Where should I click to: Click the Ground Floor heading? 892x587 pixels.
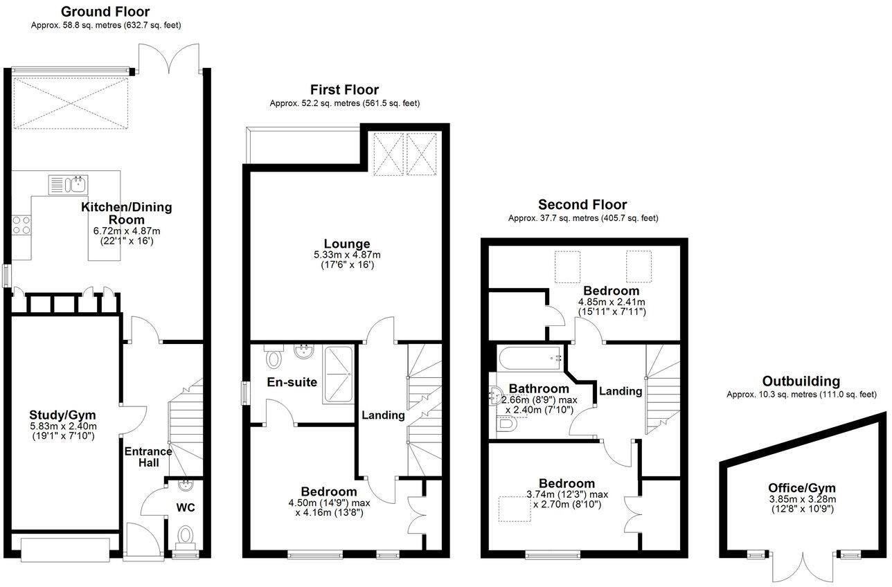point(105,12)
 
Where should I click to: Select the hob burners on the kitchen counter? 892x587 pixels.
point(21,226)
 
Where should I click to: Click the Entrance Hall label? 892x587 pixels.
point(148,457)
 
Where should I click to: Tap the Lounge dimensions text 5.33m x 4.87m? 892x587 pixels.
point(347,255)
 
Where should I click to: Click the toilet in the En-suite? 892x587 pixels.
point(274,358)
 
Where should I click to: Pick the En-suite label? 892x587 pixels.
point(292,382)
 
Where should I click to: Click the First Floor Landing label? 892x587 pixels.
point(383,415)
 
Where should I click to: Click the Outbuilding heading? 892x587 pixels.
point(801,381)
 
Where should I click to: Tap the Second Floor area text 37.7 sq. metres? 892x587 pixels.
point(582,218)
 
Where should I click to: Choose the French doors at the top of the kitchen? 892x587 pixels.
point(170,59)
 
